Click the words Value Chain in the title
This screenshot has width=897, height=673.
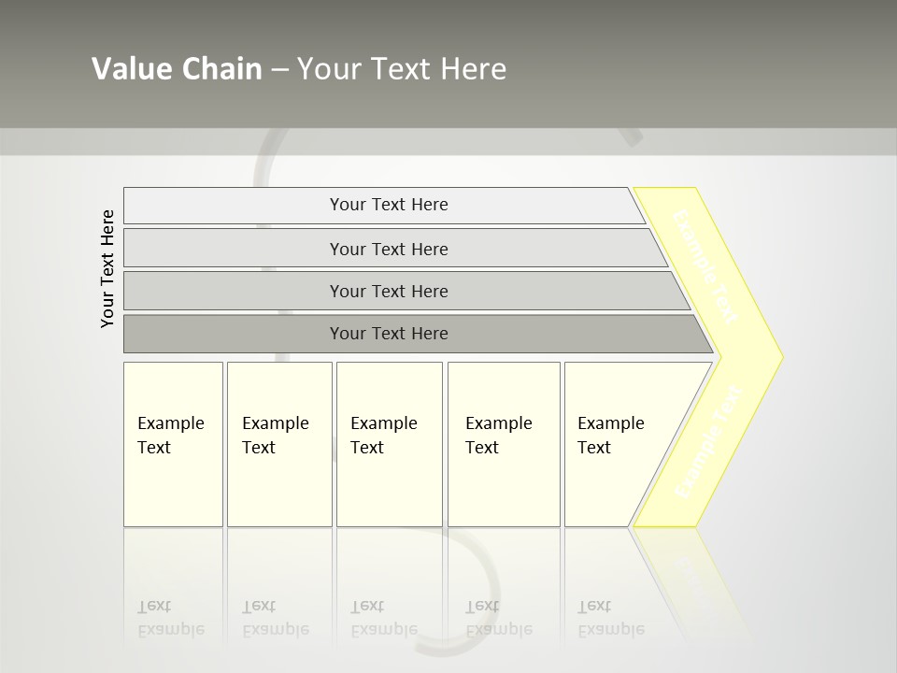[x=177, y=69]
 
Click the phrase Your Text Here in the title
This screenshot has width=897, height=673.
[x=402, y=69]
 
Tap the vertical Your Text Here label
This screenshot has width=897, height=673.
[x=107, y=268]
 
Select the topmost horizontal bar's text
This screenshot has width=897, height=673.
[x=389, y=205]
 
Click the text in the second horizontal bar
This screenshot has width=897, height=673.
[x=389, y=250]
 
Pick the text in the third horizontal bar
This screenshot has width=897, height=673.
[x=389, y=292]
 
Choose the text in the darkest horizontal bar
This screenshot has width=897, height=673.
[x=389, y=334]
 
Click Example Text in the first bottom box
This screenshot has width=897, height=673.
[x=170, y=435]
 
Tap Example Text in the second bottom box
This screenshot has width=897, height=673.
[x=275, y=435]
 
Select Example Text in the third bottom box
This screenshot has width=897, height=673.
[x=383, y=435]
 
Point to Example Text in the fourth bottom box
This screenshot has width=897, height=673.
[x=498, y=435]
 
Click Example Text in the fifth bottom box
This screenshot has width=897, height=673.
[x=610, y=435]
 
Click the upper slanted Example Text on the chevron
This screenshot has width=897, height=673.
[x=705, y=266]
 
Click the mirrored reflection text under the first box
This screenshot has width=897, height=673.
[x=170, y=618]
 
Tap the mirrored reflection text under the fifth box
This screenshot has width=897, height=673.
[x=610, y=618]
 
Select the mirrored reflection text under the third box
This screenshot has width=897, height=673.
[x=383, y=618]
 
